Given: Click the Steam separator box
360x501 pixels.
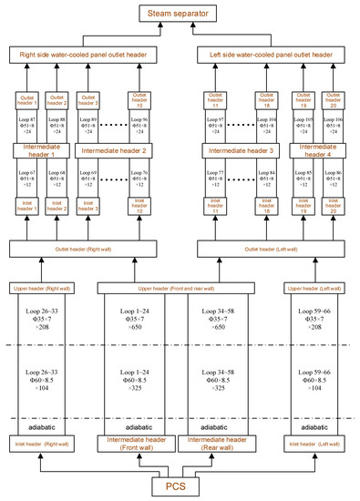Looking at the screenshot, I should [179, 13].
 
